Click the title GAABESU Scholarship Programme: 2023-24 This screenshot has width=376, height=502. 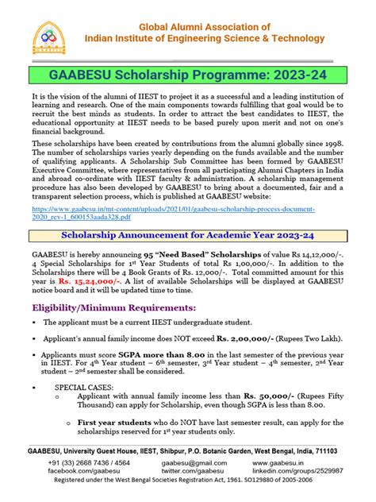(x=188, y=75)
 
